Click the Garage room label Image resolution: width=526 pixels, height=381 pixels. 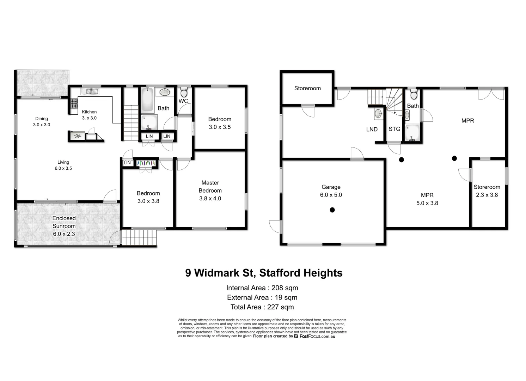[331, 191]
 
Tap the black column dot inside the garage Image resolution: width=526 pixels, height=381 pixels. [332, 210]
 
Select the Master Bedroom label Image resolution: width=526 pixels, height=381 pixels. [210, 190]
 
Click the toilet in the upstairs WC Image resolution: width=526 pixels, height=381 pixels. [184, 92]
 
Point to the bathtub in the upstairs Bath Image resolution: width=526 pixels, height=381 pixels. [147, 99]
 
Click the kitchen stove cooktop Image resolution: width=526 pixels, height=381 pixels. [74, 104]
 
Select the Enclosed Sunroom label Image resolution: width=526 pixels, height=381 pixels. [64, 226]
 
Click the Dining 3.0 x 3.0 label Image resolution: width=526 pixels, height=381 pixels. [42, 122]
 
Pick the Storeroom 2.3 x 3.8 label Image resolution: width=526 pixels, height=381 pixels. [487, 191]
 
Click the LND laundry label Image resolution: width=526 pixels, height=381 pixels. [372, 129]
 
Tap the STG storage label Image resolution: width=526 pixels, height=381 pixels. [394, 129]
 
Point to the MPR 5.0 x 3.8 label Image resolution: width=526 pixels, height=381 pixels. [427, 199]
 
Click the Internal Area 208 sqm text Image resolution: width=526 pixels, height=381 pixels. [262, 288]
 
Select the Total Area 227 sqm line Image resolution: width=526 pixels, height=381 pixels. [262, 307]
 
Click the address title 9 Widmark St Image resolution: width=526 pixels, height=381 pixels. [264, 273]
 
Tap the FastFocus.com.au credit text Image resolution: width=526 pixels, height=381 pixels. [317, 336]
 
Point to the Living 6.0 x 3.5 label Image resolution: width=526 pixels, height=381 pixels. [63, 165]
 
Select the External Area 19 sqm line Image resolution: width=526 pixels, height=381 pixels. [262, 297]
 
